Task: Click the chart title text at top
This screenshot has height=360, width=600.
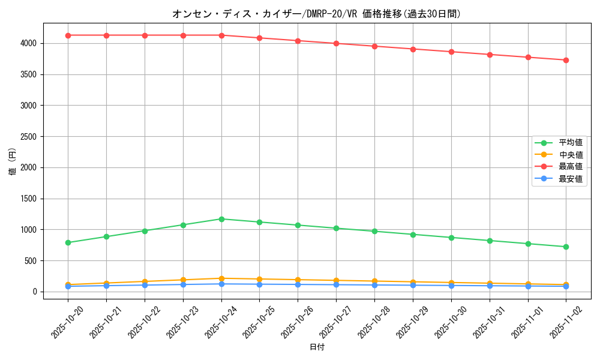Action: (x=316, y=14)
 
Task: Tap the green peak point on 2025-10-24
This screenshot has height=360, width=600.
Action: (x=221, y=219)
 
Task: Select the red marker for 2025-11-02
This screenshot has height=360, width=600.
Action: (x=566, y=60)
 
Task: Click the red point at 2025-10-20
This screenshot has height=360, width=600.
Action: (x=68, y=35)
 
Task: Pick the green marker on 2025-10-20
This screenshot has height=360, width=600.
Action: (x=68, y=242)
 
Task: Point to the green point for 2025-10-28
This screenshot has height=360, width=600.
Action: (x=374, y=231)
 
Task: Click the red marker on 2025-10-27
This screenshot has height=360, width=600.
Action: (x=336, y=43)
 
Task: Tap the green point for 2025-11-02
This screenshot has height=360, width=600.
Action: (x=566, y=247)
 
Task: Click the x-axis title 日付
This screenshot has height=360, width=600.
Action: (x=317, y=347)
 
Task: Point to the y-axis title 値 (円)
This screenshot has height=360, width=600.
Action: (x=13, y=162)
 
